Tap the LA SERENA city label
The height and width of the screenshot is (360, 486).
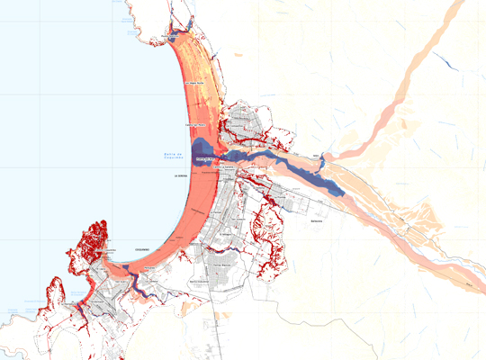tap(181, 176)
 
